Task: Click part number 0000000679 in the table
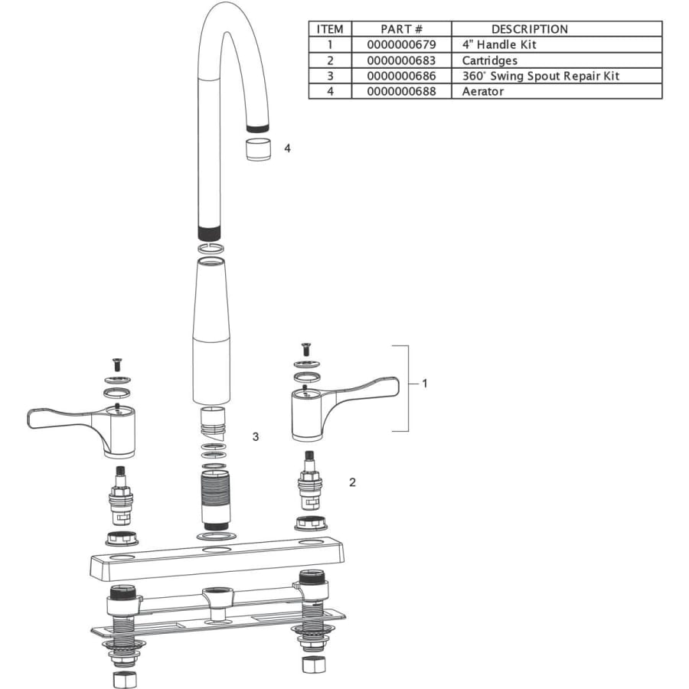pyautogui.click(x=401, y=44)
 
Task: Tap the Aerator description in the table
pyautogui.click(x=482, y=91)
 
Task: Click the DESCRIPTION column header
pyautogui.click(x=530, y=29)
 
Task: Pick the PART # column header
pyautogui.click(x=401, y=29)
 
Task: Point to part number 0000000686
pyautogui.click(x=401, y=76)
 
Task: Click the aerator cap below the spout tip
pyautogui.click(x=258, y=149)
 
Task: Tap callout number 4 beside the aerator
pyautogui.click(x=287, y=149)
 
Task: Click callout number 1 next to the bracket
pyautogui.click(x=424, y=384)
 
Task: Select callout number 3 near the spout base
pyautogui.click(x=255, y=437)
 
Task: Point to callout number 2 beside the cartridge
pyautogui.click(x=352, y=482)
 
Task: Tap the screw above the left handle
pyautogui.click(x=117, y=364)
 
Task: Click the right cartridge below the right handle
pyautogui.click(x=309, y=480)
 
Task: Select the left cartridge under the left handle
pyautogui.click(x=120, y=495)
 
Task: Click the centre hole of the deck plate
pyautogui.click(x=216, y=550)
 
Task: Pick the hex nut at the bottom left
pyautogui.click(x=124, y=680)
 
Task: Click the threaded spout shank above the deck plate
pyautogui.click(x=215, y=499)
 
